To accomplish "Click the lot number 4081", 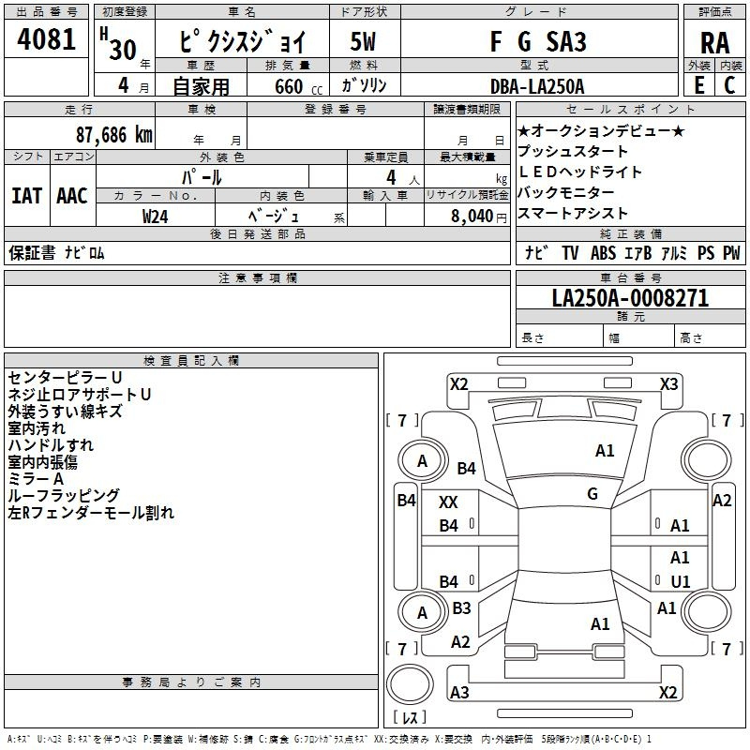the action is (46, 39).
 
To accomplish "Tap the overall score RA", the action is (715, 43).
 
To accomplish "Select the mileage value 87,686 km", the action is (114, 135).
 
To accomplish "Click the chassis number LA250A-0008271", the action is (630, 298).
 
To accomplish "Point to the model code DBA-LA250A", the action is (537, 86).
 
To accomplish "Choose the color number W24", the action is (156, 217).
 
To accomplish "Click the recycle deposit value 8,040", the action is (472, 217).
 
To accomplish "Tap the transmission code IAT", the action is (27, 196).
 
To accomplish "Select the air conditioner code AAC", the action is (72, 196).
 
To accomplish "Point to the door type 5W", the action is (363, 41).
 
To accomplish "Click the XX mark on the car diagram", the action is (448, 502).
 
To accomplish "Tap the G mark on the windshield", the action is (592, 494).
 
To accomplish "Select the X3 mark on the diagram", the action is (668, 384).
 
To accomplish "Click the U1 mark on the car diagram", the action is (681, 581).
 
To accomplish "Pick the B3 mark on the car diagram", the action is (461, 607).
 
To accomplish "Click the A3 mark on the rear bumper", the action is (459, 692).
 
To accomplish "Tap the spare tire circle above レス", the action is (410, 684).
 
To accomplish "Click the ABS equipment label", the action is (603, 252).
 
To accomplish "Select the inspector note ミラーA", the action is (36, 479).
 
